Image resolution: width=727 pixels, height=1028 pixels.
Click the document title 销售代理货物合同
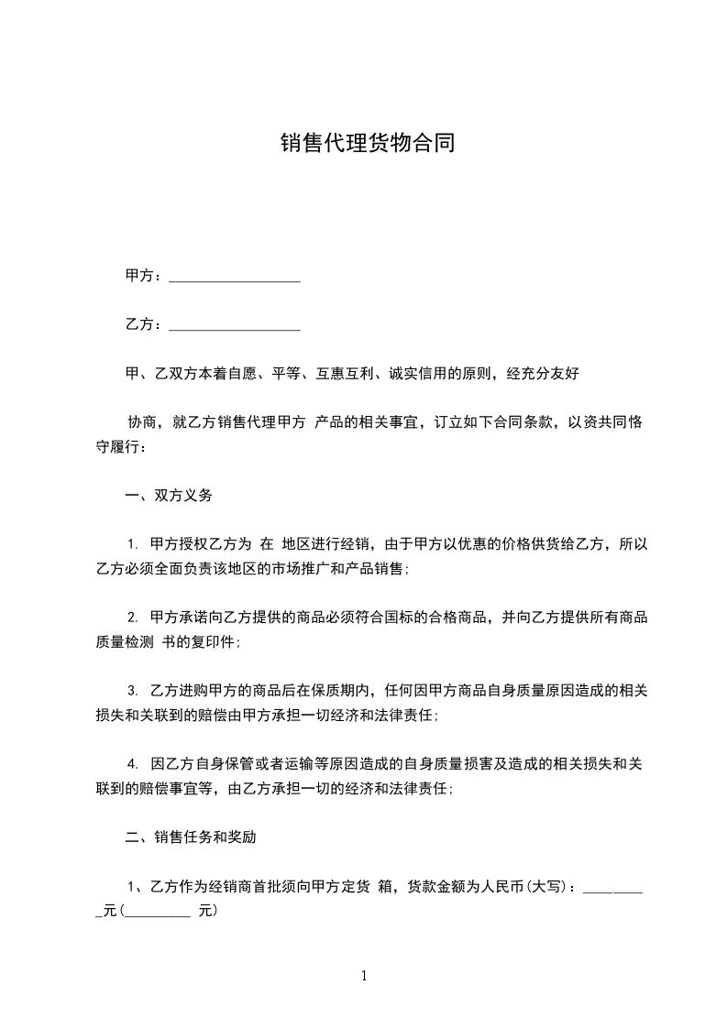click(x=367, y=144)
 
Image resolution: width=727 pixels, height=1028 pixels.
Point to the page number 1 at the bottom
click(x=364, y=976)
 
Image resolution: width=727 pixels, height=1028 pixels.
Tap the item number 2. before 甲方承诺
click(x=133, y=618)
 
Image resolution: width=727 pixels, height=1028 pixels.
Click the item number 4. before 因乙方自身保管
click(x=133, y=763)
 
